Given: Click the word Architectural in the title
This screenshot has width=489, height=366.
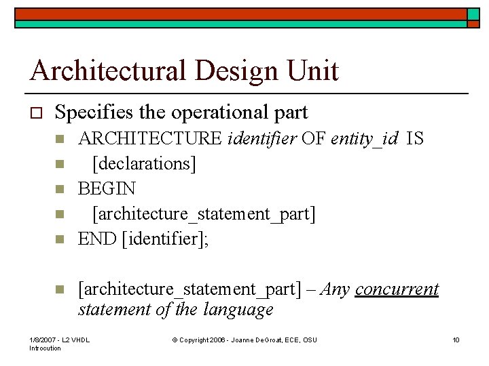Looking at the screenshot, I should [x=105, y=70].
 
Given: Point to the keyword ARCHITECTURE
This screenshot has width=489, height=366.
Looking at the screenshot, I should [x=150, y=139].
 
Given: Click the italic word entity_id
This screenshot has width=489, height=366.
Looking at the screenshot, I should [x=365, y=139].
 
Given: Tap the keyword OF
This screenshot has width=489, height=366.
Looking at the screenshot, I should [x=314, y=139].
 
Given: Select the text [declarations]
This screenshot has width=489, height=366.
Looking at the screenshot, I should [x=144, y=163].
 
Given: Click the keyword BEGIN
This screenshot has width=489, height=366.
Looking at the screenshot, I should [x=107, y=188].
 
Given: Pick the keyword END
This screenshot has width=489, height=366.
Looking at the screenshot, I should [x=97, y=239].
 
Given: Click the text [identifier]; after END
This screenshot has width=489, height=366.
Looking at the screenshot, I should [x=164, y=239].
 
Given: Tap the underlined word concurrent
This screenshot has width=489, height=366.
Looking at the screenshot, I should [x=397, y=289].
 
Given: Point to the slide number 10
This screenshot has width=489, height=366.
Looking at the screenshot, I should [x=456, y=339].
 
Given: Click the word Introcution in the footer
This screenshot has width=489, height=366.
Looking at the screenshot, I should [x=46, y=348].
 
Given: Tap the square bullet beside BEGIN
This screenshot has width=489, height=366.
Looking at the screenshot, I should [x=59, y=189].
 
